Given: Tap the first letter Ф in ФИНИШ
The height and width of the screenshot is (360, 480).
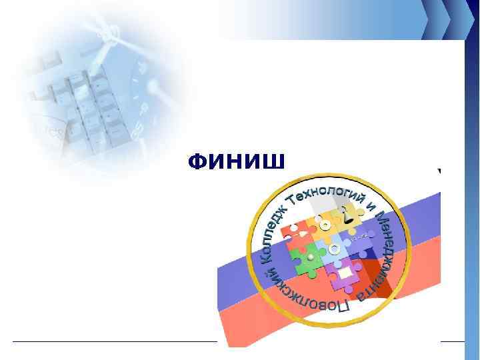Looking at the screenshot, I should click(197, 161).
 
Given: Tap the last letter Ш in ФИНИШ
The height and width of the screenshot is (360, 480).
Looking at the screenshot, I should click(275, 161).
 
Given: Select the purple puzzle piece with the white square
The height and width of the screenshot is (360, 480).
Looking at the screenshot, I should click(345, 275).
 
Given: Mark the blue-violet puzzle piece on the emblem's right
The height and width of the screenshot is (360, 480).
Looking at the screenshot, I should click(360, 243).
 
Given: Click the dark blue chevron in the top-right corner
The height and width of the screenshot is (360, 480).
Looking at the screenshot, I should click(460, 17).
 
